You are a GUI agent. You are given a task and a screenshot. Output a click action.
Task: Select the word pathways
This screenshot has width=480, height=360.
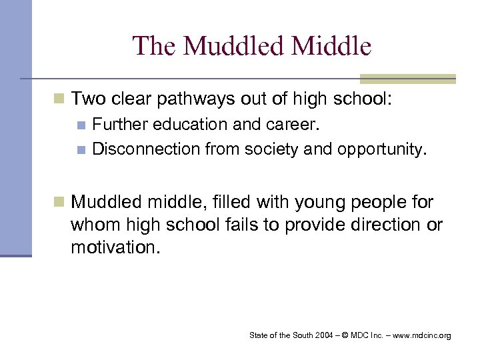point(197,100)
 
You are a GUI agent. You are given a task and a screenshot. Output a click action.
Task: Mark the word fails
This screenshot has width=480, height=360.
point(248,225)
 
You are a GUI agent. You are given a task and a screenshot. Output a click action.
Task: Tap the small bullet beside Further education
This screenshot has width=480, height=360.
point(81,125)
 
